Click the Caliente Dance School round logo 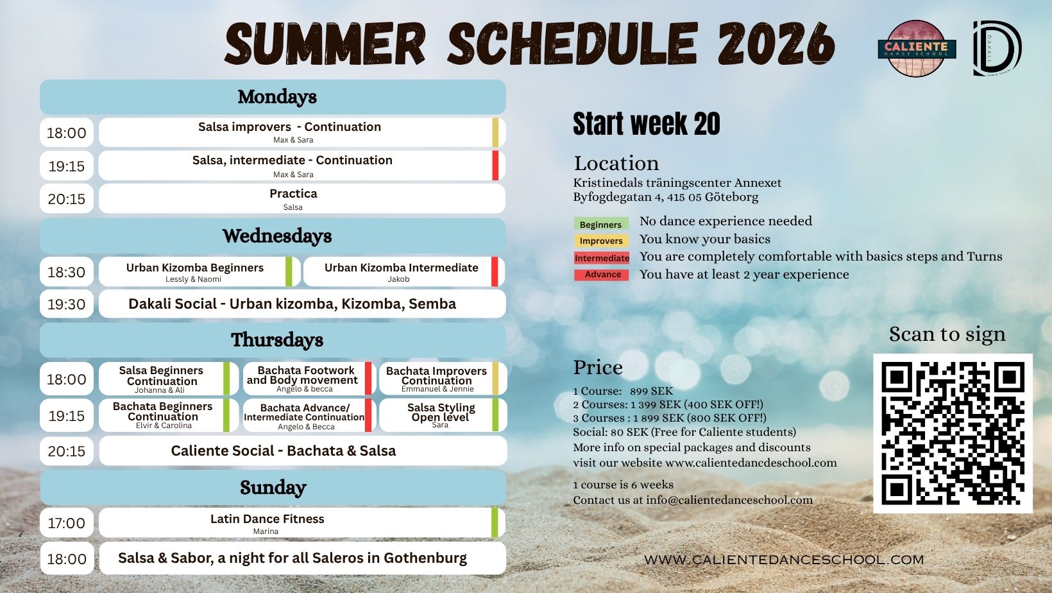[916, 48]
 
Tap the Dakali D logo [997, 48]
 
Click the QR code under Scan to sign [953, 433]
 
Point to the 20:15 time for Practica [67, 199]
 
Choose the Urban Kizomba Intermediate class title [401, 268]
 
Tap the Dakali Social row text [292, 304]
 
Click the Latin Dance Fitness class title [267, 519]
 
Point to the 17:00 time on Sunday [67, 523]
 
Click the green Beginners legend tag [600, 224]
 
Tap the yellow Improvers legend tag [601, 241]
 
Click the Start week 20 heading [647, 124]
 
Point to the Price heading [598, 368]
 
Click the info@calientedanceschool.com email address [729, 500]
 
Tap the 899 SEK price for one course [651, 391]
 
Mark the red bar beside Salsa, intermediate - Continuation [495, 166]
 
